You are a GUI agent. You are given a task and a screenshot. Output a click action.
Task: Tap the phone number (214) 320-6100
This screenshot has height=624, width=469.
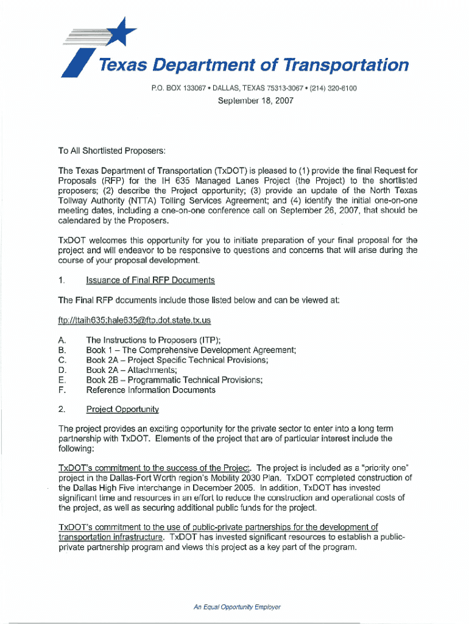333,88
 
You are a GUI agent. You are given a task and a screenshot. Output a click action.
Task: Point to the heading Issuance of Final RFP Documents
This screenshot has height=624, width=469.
150,280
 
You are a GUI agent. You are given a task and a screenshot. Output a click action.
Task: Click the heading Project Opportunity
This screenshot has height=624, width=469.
122,409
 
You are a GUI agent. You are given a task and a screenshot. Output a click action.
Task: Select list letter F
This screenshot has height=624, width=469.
61,390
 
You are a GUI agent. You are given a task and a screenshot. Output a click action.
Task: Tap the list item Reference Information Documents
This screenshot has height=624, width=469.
150,390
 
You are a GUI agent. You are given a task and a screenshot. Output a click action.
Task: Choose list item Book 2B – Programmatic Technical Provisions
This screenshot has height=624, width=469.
174,380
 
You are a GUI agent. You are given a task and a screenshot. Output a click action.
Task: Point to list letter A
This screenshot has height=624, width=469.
61,340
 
